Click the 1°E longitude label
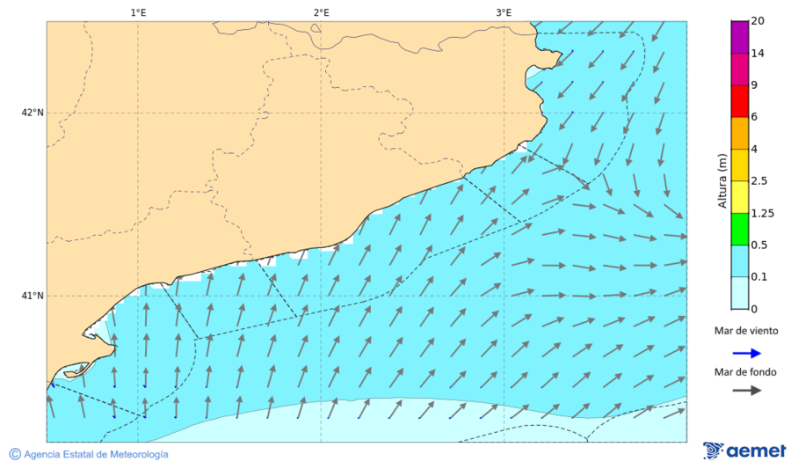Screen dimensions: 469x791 pos(138,12)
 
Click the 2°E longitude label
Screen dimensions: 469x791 pos(321,12)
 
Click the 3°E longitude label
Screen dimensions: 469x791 pos(504,12)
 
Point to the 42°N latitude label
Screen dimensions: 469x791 pos(33,113)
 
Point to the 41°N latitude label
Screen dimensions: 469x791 pos(33,296)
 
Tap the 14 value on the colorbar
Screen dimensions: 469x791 pos(757,54)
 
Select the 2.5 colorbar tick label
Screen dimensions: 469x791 pos(760,180)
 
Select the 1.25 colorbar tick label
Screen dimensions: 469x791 pos(763,213)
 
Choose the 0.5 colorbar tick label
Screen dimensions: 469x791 pos(760,245)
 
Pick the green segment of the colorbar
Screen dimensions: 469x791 pos(739,229)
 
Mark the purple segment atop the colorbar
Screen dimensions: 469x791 pos(739,37)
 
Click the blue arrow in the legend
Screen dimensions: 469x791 pos(746,353)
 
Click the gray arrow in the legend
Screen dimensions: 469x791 pos(746,391)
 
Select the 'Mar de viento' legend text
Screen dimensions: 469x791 pos(746,331)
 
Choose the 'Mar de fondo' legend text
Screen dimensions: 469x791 pos(746,372)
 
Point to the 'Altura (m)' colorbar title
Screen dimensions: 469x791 pos(722,180)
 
